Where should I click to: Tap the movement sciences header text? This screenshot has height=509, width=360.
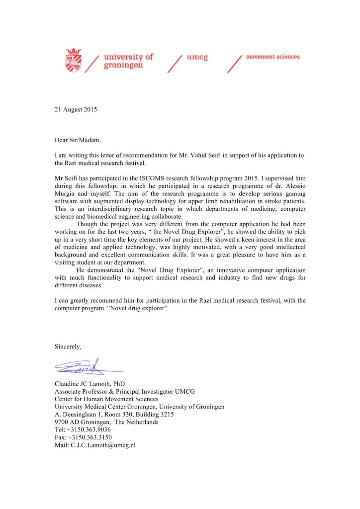(x=272, y=57)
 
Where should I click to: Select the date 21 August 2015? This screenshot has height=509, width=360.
(x=76, y=109)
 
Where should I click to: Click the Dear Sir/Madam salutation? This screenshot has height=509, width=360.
(x=78, y=140)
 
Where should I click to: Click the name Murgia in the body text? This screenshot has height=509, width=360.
(x=66, y=193)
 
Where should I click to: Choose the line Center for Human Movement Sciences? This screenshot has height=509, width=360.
(x=106, y=399)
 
